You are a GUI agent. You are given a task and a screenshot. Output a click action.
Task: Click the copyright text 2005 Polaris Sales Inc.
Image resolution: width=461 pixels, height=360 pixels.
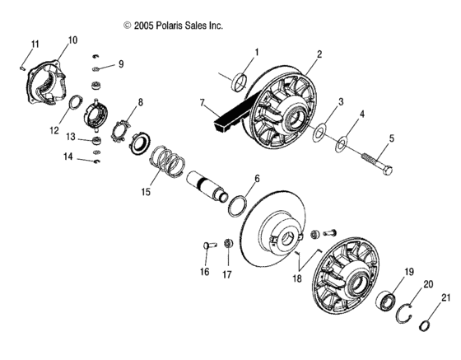coord(173,26)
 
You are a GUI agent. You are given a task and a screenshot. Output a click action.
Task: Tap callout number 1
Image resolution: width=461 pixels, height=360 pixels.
coord(256,53)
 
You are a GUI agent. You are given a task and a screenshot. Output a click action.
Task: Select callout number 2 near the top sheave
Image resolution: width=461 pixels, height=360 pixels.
coord(318,54)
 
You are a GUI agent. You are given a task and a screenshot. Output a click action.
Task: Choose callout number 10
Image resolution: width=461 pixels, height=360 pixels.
coord(72,40)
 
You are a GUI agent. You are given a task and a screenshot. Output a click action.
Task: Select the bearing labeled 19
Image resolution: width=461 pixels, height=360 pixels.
coord(387,298)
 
